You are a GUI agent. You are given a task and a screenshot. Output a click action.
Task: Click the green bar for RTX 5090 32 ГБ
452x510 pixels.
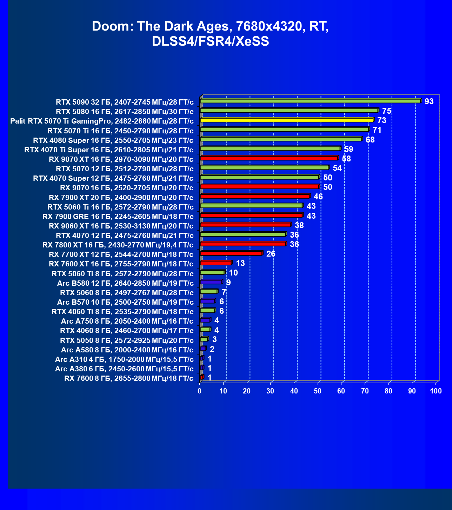(x=310, y=101)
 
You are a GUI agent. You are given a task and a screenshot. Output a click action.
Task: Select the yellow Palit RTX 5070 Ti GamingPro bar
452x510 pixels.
(x=287, y=120)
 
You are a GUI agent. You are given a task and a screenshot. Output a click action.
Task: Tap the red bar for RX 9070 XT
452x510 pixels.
(x=269, y=158)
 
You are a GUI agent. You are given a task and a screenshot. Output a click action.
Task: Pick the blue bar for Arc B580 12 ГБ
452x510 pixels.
(x=211, y=282)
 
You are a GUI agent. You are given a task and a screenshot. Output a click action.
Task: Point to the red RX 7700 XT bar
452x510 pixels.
(x=231, y=253)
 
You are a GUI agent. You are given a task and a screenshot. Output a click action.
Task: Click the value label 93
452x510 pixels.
(x=429, y=102)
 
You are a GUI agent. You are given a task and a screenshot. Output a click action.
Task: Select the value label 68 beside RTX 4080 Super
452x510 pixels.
(x=370, y=140)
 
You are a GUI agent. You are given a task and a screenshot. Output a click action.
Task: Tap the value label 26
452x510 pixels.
(x=271, y=254)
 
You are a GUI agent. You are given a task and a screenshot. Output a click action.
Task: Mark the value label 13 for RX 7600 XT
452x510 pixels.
(x=240, y=263)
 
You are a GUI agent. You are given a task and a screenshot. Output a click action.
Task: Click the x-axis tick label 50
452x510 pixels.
(x=318, y=391)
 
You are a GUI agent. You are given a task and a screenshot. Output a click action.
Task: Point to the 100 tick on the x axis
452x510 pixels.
(x=436, y=391)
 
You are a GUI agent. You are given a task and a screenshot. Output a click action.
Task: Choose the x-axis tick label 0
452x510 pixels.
(x=200, y=391)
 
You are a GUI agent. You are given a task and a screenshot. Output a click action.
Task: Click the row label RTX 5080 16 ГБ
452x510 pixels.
(x=125, y=112)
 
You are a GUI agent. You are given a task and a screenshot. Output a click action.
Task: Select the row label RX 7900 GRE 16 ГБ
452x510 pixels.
(x=118, y=216)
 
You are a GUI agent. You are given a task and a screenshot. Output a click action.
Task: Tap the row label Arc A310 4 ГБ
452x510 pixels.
(x=124, y=359)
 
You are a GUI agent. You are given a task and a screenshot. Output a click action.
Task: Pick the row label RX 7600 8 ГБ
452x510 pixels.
(x=129, y=378)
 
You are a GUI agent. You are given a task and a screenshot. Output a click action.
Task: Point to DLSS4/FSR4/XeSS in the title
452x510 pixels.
(x=210, y=41)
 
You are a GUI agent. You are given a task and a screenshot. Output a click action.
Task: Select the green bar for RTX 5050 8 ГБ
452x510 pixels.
(x=204, y=339)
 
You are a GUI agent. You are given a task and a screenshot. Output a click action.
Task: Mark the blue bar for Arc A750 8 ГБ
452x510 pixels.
(x=205, y=320)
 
